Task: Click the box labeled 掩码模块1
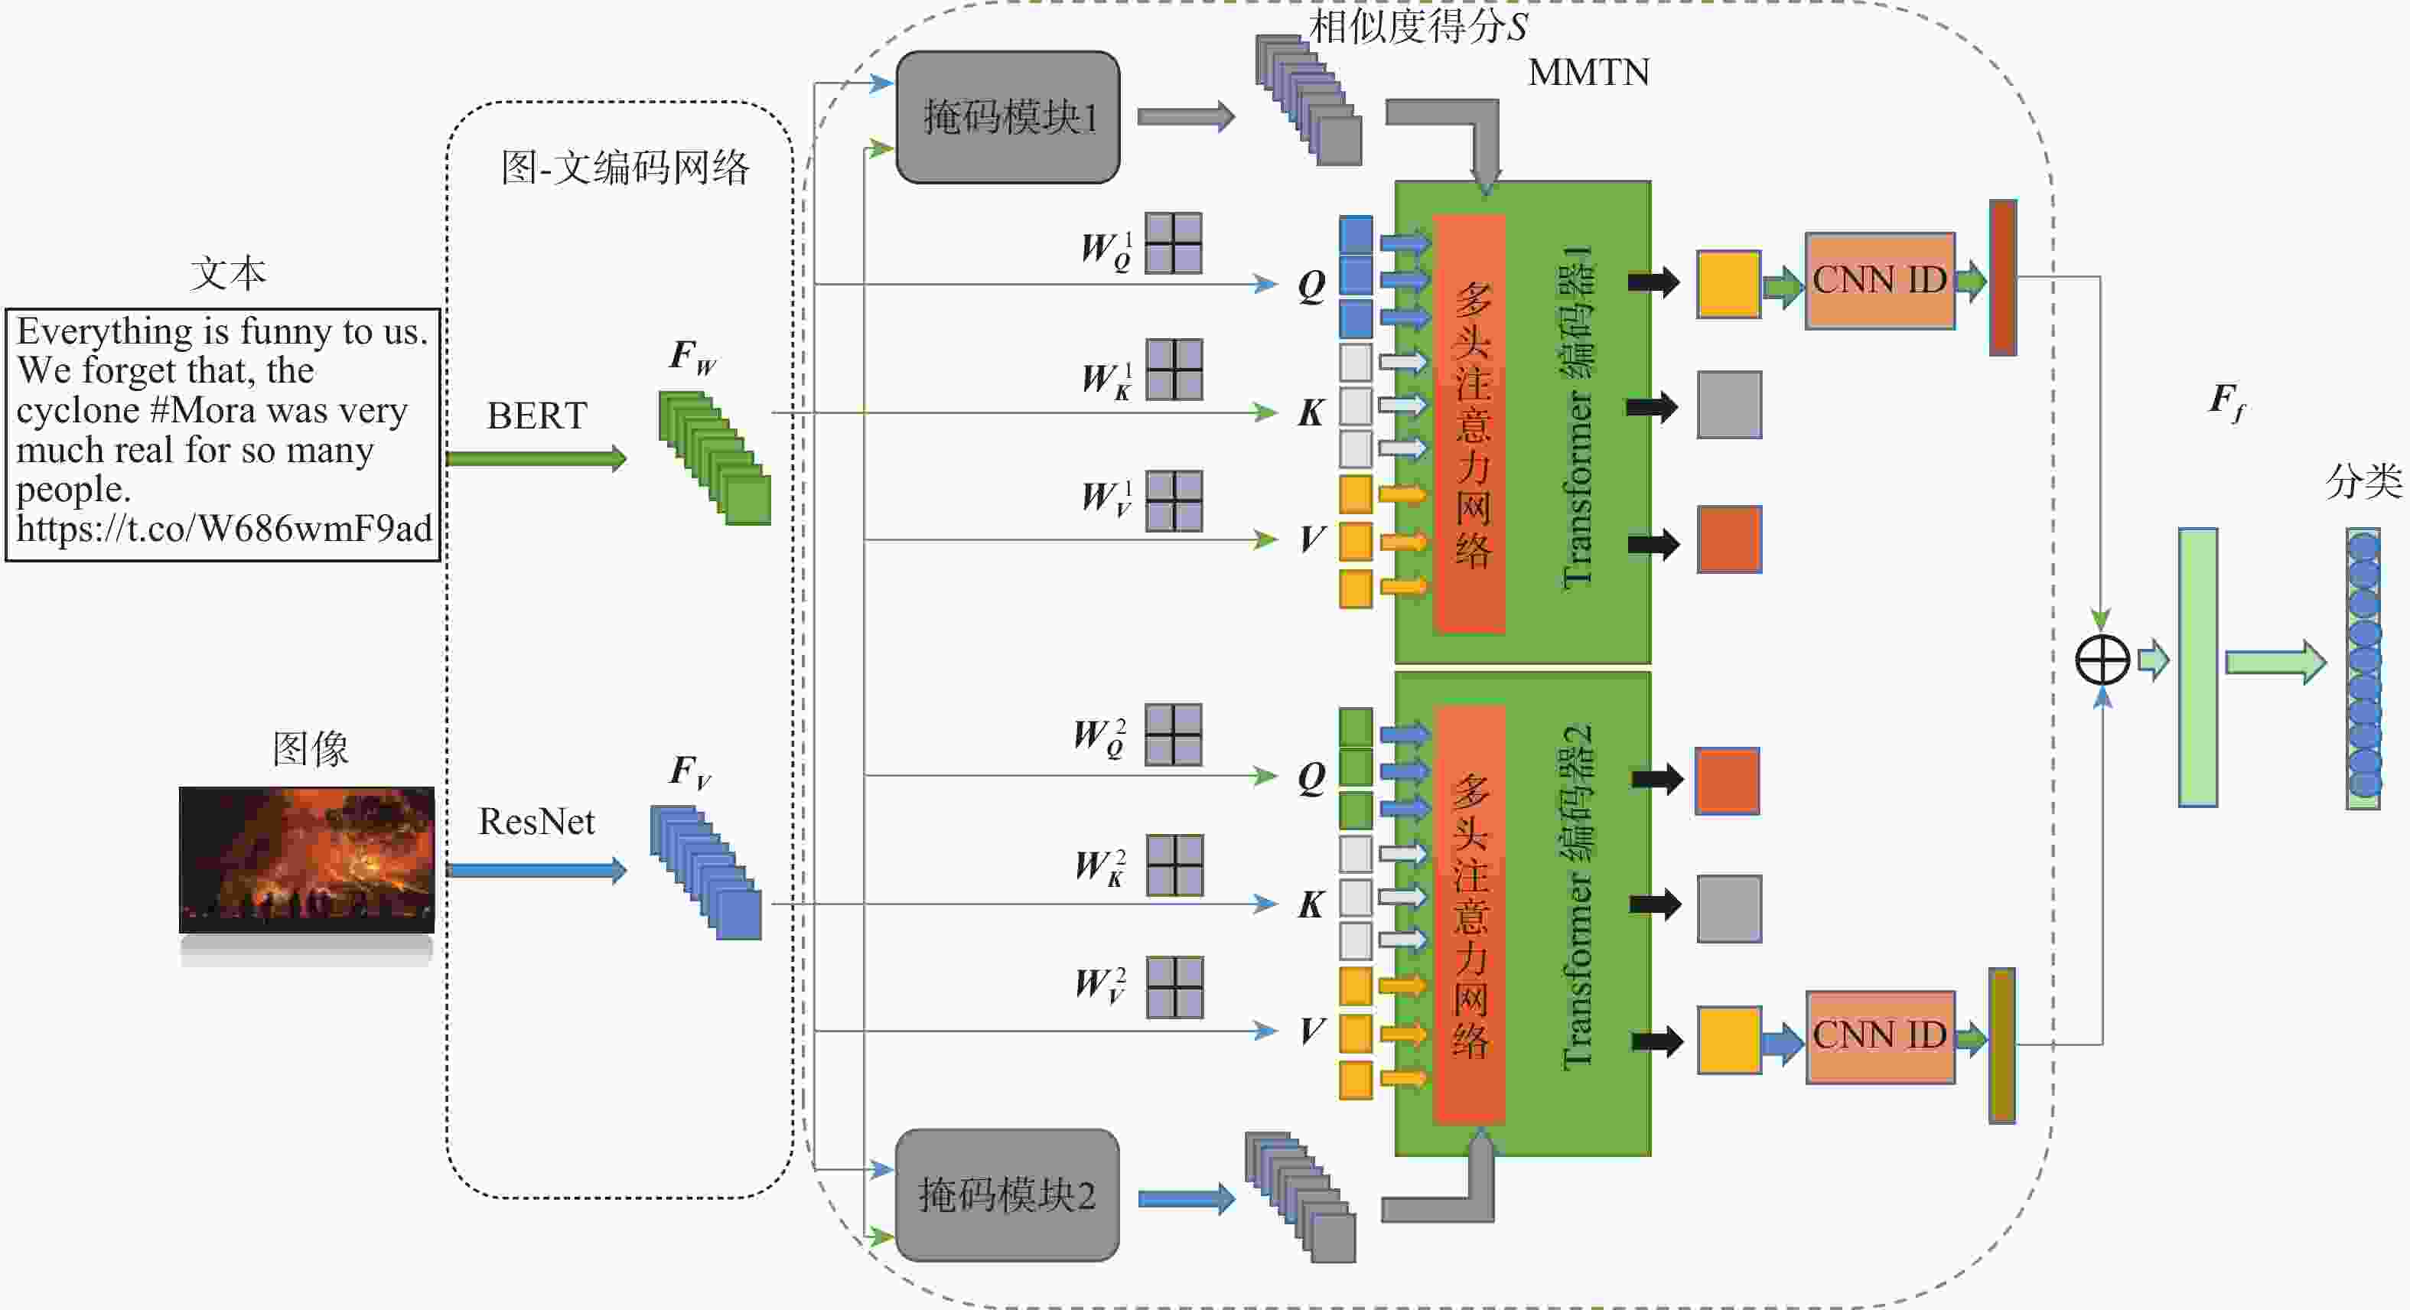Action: pyautogui.click(x=1008, y=117)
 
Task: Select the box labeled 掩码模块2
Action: pyautogui.click(x=1007, y=1195)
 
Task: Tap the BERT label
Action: pyautogui.click(x=537, y=415)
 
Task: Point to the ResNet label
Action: pyautogui.click(x=536, y=822)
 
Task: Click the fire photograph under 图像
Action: pyautogui.click(x=307, y=859)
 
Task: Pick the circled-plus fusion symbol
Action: pyautogui.click(x=2102, y=660)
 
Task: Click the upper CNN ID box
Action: pyautogui.click(x=1880, y=281)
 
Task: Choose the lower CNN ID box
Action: pyautogui.click(x=1880, y=1037)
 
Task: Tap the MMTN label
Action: pyautogui.click(x=1588, y=73)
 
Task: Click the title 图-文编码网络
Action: pyautogui.click(x=625, y=168)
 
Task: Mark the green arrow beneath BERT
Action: pyautogui.click(x=535, y=458)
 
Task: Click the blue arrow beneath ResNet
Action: pyautogui.click(x=535, y=870)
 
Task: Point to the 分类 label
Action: pyautogui.click(x=2363, y=482)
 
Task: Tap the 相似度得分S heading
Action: pyautogui.click(x=1418, y=26)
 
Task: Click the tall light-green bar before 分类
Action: pyautogui.click(x=2197, y=667)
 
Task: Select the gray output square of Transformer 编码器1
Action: pyautogui.click(x=1729, y=405)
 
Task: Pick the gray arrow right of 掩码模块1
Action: pyautogui.click(x=1185, y=117)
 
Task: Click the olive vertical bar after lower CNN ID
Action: pyautogui.click(x=2001, y=1045)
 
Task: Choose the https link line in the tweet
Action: pyautogui.click(x=223, y=530)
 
